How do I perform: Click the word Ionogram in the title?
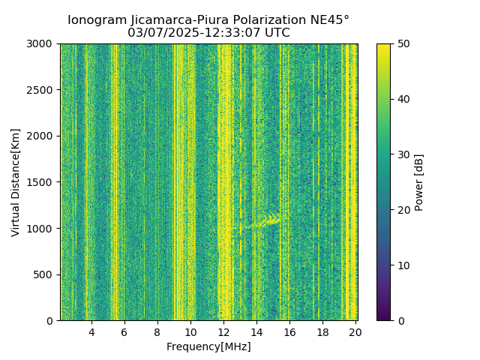(96, 20)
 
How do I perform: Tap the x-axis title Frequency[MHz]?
(208, 346)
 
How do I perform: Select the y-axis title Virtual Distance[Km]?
(16, 182)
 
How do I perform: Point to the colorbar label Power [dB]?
(419, 182)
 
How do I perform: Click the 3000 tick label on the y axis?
(42, 43)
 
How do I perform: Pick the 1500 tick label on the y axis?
(42, 182)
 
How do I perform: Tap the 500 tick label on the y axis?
(45, 274)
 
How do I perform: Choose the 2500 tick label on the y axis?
(42, 90)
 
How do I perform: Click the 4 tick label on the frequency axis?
(91, 331)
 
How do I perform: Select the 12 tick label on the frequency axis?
(223, 331)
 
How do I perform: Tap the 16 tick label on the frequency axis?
(289, 331)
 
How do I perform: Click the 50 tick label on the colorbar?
(402, 43)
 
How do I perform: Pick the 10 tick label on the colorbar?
(402, 265)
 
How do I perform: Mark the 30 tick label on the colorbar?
(402, 154)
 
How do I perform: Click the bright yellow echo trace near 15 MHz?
(268, 220)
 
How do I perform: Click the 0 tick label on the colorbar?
(399, 321)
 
